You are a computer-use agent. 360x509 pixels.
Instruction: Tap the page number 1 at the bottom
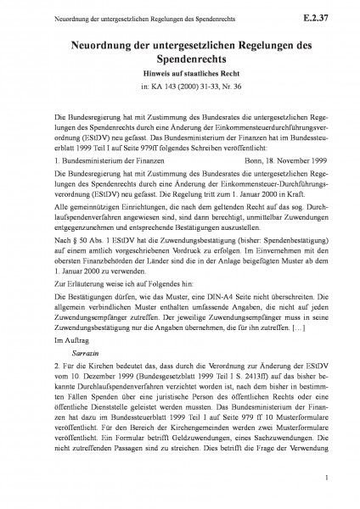[x=326, y=479]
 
